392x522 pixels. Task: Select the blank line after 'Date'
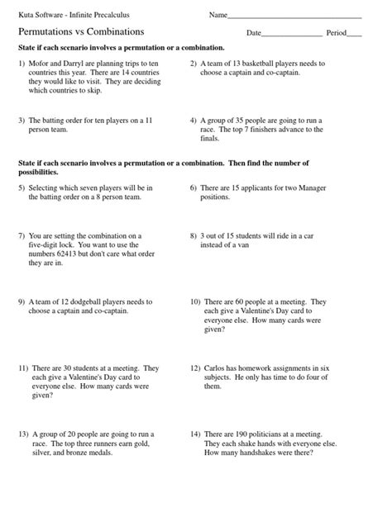[x=291, y=35]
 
